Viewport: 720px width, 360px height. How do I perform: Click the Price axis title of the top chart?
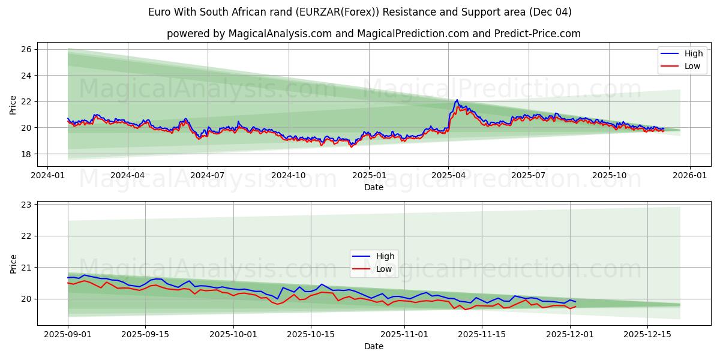tap(13, 104)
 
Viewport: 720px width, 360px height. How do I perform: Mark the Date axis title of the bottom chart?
tap(374, 346)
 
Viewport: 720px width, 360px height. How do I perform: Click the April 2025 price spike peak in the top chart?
tap(457, 100)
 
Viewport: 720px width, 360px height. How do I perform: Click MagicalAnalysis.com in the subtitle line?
tap(280, 34)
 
